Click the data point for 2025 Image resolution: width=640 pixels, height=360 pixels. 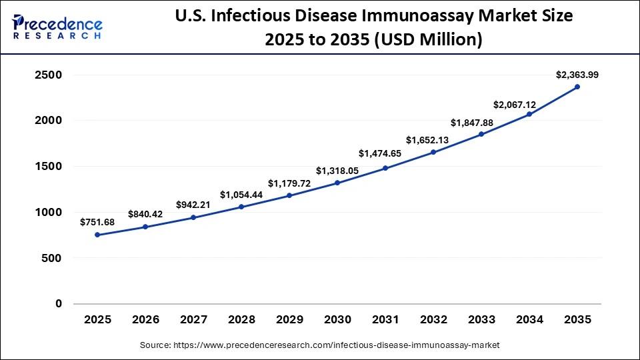tap(97, 235)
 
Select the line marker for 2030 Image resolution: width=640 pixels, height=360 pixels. tap(337, 183)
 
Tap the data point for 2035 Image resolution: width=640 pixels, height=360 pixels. tap(577, 87)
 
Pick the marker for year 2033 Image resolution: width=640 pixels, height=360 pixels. tap(481, 134)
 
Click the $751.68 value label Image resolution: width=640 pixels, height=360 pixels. tap(97, 222)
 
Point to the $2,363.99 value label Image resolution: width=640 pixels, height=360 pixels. tap(577, 75)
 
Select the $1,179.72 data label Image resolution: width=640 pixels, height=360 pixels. tap(289, 183)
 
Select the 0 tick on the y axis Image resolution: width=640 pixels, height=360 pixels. tap(59, 304)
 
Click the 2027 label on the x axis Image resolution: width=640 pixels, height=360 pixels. tap(193, 320)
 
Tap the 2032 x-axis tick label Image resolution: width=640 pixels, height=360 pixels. tap(433, 320)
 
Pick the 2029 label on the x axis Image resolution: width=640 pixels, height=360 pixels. tap(289, 320)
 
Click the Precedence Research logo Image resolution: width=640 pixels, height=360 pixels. tap(57, 27)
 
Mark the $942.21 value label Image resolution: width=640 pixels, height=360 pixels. tap(193, 205)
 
